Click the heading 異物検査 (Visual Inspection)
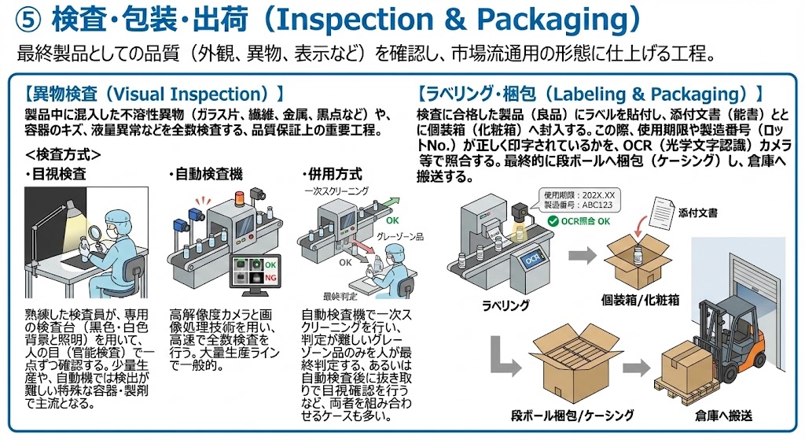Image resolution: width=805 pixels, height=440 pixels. pyautogui.click(x=154, y=93)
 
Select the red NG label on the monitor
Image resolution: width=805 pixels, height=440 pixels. pyautogui.click(x=271, y=278)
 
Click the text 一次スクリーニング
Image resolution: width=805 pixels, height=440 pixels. pyautogui.click(x=336, y=191)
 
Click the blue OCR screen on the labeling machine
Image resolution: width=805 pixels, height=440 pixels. pyautogui.click(x=531, y=257)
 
